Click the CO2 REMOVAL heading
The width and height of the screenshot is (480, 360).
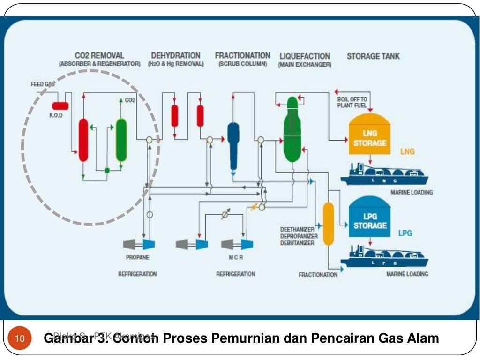99,56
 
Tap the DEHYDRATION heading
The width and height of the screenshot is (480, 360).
175,56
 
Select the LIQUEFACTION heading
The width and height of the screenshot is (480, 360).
304,56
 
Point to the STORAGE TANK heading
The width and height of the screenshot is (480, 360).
373,56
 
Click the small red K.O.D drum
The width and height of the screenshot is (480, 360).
60,105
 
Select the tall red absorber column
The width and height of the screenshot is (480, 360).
83,140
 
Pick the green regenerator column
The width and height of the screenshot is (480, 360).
121,140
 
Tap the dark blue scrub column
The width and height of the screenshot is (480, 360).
233,143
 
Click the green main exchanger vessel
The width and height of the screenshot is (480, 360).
291,129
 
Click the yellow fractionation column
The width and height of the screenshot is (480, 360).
328,224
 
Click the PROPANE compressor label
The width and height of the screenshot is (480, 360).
137,257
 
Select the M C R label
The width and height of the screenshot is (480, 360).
236,257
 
